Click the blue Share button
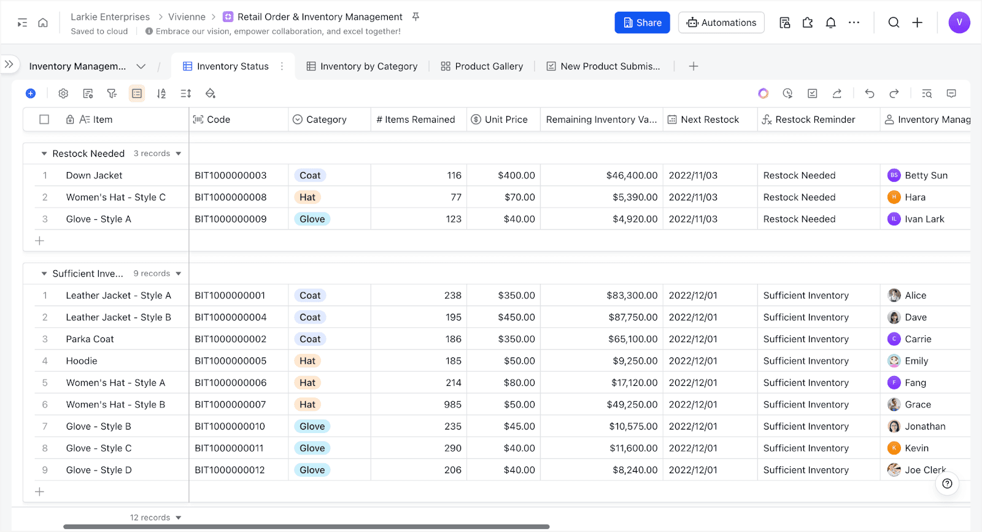point(642,22)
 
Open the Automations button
point(721,22)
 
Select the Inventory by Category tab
point(362,66)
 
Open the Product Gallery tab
point(482,66)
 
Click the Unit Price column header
point(499,119)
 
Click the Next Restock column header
point(703,119)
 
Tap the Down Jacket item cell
point(94,175)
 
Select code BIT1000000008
point(231,197)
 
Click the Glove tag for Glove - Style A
point(312,219)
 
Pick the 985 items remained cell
point(452,404)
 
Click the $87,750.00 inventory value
point(633,317)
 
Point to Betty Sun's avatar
point(894,175)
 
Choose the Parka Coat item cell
point(90,339)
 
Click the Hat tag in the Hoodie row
point(307,361)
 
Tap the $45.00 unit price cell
point(519,426)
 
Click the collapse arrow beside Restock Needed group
point(44,154)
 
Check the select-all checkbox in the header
point(44,119)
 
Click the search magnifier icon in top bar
point(894,22)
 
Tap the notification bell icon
point(830,22)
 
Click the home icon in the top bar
point(43,22)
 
